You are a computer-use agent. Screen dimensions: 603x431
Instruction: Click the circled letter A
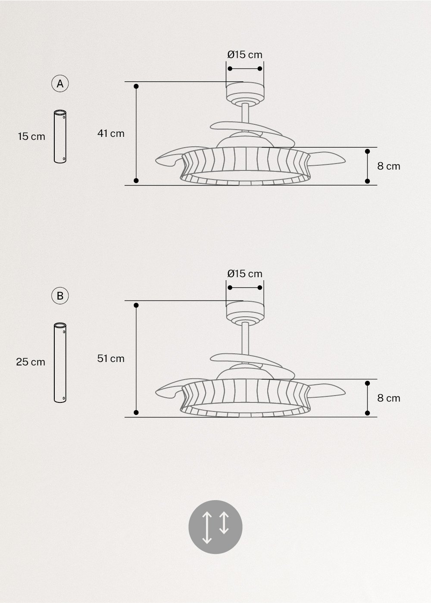60,83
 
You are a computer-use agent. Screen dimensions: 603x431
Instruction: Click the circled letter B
60,296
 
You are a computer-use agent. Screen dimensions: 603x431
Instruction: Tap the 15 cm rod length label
31,136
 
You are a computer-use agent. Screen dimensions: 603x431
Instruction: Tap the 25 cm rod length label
31,362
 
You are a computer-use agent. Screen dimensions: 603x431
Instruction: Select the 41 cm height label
111,133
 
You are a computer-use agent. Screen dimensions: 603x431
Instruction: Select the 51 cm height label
111,359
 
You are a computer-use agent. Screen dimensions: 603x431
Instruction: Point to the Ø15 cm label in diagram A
245,55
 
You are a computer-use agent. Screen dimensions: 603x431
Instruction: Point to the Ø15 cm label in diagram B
245,274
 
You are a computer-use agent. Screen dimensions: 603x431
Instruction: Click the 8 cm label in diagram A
389,166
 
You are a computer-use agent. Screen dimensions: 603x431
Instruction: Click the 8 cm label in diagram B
389,398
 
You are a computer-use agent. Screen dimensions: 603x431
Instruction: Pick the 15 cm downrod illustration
60,137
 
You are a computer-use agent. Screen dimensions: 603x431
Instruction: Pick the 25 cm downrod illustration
60,362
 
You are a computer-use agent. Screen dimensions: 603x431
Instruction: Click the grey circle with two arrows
215,527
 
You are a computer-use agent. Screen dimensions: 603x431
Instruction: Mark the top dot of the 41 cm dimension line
136,87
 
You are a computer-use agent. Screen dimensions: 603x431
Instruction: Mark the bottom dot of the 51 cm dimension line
136,412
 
